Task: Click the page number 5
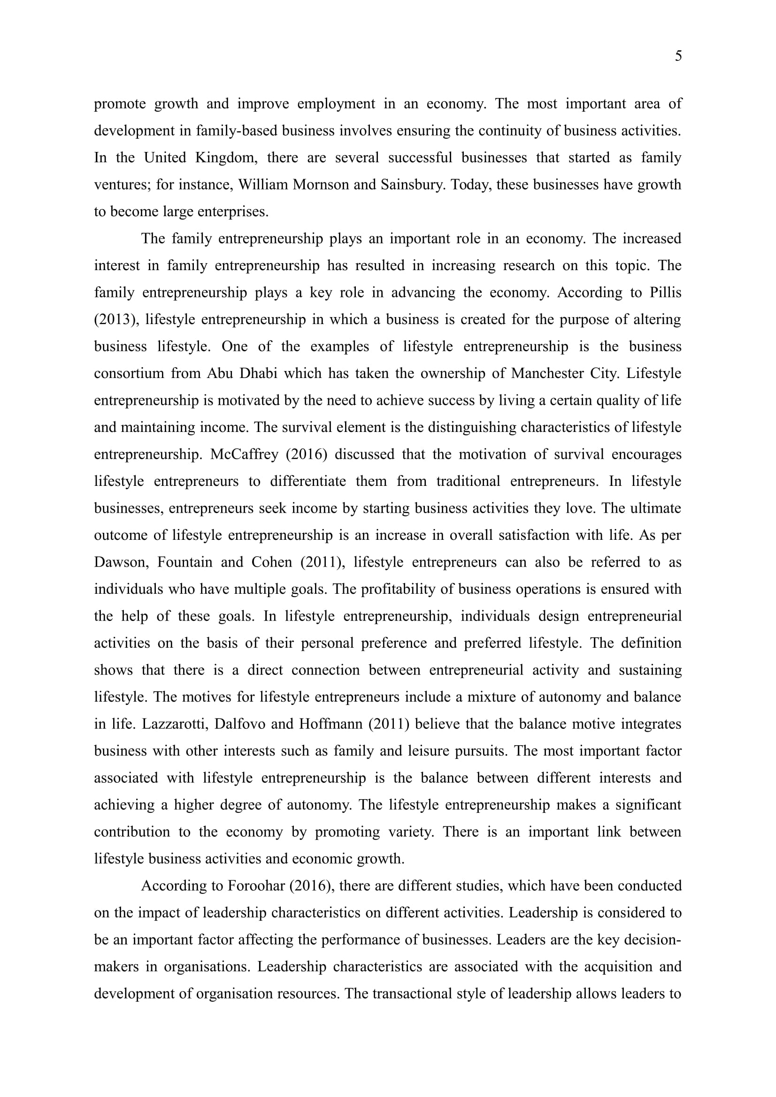tap(678, 56)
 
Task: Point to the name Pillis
tap(666, 292)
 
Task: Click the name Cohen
tap(271, 562)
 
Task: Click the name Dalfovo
tap(239, 724)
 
